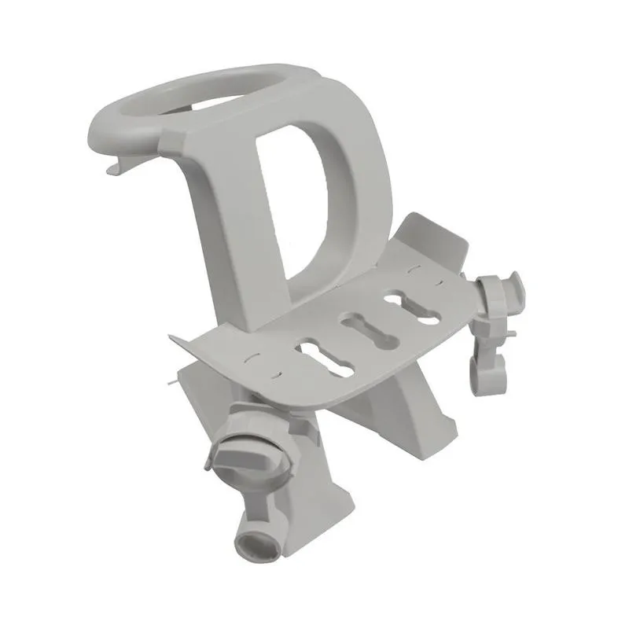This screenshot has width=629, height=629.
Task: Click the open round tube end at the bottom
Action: tap(253, 542)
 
